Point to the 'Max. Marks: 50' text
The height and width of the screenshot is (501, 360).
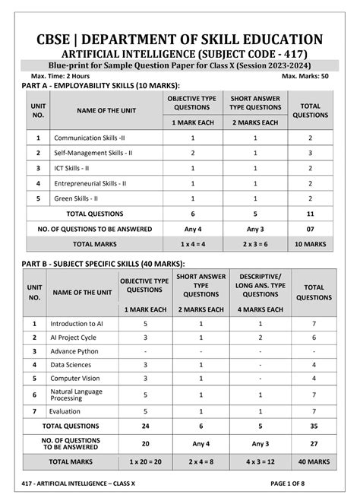click(305, 77)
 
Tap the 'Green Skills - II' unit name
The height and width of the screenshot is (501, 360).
click(79, 198)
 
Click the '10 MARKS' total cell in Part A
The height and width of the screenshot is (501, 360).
click(310, 244)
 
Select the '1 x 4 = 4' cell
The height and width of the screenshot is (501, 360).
click(193, 244)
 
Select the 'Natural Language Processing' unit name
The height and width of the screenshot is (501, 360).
click(77, 395)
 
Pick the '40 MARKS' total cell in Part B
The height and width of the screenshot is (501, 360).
click(314, 461)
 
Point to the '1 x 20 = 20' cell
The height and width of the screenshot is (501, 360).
click(145, 461)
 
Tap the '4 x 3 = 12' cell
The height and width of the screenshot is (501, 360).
click(261, 461)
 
